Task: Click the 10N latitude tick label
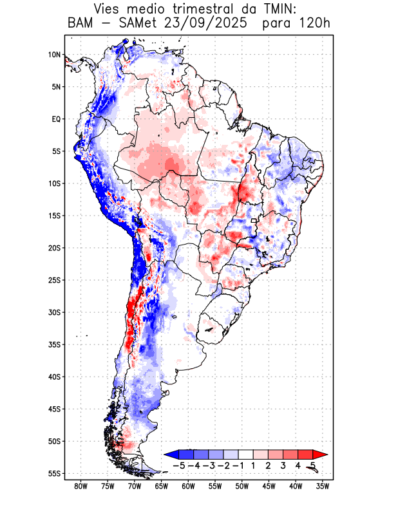click(54, 55)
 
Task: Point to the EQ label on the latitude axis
click(55, 119)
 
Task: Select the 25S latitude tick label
click(54, 280)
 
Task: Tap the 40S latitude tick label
click(54, 377)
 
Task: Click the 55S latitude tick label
click(54, 474)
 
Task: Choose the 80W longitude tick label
click(81, 486)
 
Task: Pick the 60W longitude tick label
click(188, 486)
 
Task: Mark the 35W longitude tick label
click(323, 486)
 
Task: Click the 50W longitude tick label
click(242, 486)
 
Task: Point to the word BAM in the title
click(81, 24)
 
